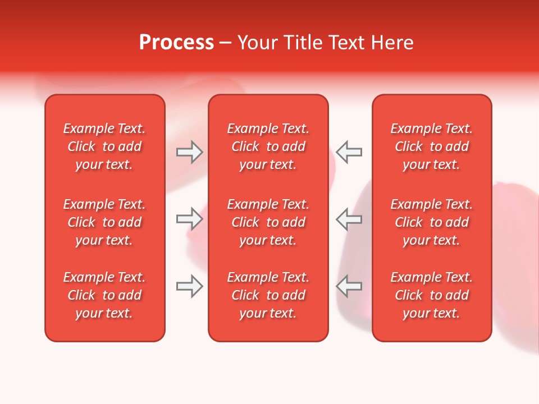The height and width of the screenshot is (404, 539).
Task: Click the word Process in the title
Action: click(176, 43)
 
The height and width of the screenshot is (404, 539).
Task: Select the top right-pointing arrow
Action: click(190, 152)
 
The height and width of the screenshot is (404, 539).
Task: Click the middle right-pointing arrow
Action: click(190, 219)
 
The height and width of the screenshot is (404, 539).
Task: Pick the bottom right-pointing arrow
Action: click(190, 286)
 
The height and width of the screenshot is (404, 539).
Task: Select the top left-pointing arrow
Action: click(349, 152)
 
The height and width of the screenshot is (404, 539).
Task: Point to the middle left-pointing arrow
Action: click(349, 219)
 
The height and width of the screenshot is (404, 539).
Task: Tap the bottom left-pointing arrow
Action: click(349, 286)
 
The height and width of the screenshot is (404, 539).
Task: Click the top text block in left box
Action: click(104, 146)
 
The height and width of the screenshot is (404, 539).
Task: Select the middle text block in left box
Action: click(104, 222)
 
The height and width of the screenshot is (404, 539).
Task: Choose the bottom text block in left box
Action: click(104, 295)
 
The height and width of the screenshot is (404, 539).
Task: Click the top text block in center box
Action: click(268, 146)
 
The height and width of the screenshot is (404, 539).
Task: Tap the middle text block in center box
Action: click(268, 222)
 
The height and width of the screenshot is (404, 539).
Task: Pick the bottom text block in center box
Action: click(268, 295)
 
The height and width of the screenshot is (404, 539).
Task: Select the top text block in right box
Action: click(432, 146)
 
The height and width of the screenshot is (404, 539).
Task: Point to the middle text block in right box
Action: click(432, 222)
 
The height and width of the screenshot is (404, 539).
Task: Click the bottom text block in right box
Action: click(432, 295)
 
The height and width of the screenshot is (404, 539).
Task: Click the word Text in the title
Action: click(348, 43)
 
